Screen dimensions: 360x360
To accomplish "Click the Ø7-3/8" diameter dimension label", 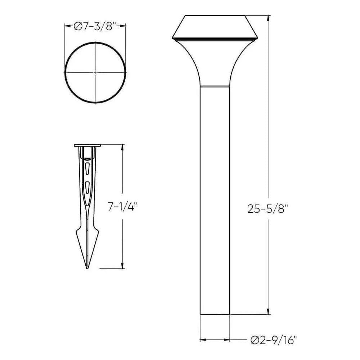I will point(95,26).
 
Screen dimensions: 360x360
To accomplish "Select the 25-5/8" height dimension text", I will point(268,209).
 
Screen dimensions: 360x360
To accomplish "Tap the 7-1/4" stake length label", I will point(123,207).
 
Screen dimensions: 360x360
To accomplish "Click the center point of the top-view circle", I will point(95,73).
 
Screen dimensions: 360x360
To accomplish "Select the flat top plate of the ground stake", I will point(87,145).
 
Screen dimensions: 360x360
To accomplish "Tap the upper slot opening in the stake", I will point(87,167).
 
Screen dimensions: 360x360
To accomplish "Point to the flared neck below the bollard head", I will point(215,61).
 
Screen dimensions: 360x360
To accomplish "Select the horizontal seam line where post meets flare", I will point(215,86).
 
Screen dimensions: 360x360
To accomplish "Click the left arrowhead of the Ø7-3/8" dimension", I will point(67,26).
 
